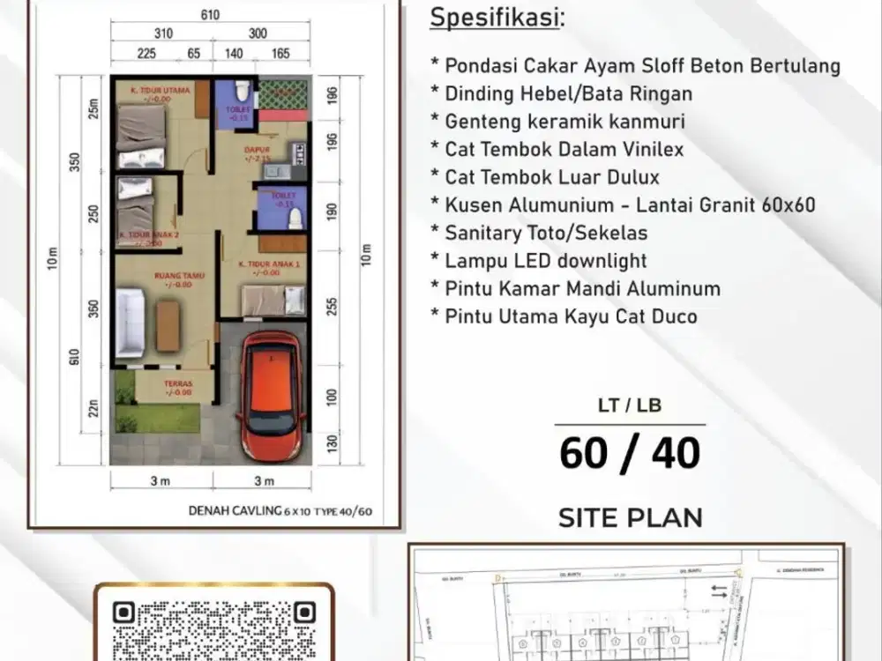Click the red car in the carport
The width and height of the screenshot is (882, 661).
click(272, 393)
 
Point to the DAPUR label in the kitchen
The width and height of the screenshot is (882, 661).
click(257, 150)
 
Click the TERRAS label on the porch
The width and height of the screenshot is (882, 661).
click(179, 384)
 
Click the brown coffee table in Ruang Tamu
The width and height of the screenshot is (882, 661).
click(168, 325)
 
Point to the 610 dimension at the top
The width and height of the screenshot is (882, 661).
click(209, 15)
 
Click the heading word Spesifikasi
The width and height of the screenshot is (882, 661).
click(496, 18)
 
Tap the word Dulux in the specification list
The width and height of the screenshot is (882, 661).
click(628, 177)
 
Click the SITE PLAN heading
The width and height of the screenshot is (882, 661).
click(630, 517)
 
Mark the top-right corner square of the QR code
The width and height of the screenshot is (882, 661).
click(303, 612)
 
